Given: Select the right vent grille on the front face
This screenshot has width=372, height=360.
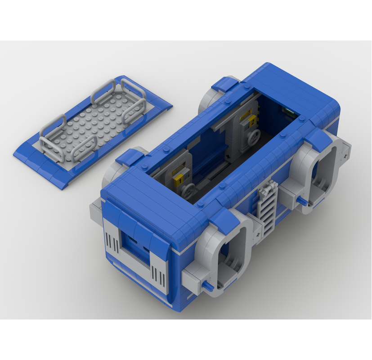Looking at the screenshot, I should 156,272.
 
